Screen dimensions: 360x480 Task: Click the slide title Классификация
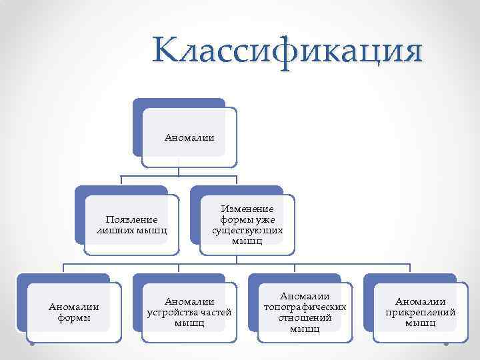tap(287, 51)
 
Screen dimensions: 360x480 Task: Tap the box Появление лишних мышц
tap(132, 225)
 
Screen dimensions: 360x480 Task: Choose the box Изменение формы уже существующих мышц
tap(247, 225)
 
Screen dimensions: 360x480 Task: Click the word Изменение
tap(247, 209)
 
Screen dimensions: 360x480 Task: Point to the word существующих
tap(247, 230)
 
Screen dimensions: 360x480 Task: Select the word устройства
tap(176, 312)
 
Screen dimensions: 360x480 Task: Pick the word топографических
tap(305, 307)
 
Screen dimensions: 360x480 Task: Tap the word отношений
tap(305, 317)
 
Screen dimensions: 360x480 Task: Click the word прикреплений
tap(421, 312)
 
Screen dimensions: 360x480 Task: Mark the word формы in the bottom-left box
tap(74, 317)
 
